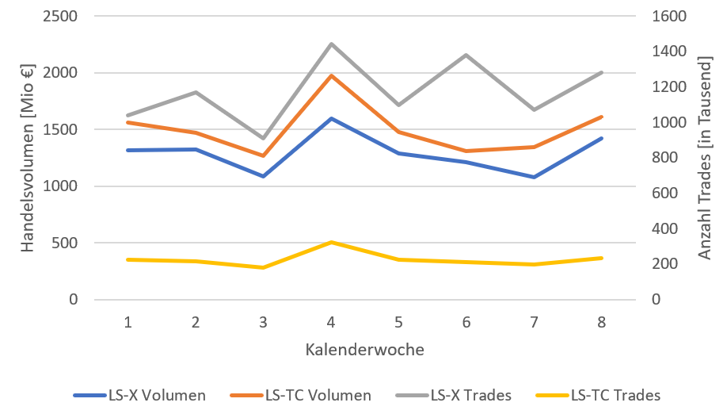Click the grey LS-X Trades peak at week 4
pyautogui.click(x=331, y=44)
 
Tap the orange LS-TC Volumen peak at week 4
pyautogui.click(x=331, y=75)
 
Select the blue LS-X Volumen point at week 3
pyautogui.click(x=263, y=176)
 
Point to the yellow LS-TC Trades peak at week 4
pyautogui.click(x=331, y=242)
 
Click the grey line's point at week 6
pyautogui.click(x=466, y=55)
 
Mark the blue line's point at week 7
pyautogui.click(x=535, y=177)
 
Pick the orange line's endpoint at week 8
pyautogui.click(x=603, y=117)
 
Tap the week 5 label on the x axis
pyautogui.click(x=399, y=322)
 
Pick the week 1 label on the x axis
pyautogui.click(x=128, y=322)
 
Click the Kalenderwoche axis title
pyautogui.click(x=364, y=349)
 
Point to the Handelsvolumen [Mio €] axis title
pyautogui.click(x=29, y=158)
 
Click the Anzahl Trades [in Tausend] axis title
pyautogui.click(x=704, y=158)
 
